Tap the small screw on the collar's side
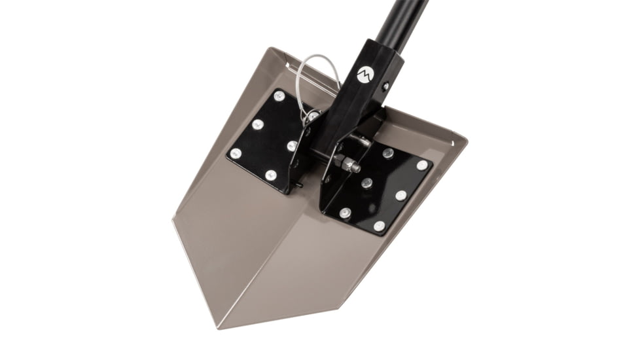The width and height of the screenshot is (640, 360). click(x=386, y=85)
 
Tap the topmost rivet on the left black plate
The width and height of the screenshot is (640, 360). click(x=279, y=96)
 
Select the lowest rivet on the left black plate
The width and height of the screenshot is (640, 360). click(x=271, y=175)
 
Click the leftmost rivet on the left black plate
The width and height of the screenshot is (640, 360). click(x=236, y=153)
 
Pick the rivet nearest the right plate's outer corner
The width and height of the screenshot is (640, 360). click(x=422, y=165)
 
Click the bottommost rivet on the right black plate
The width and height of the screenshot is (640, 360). click(x=379, y=226)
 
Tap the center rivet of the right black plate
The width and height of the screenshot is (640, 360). click(x=367, y=183)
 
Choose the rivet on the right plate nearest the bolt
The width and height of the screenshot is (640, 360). click(x=388, y=153)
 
